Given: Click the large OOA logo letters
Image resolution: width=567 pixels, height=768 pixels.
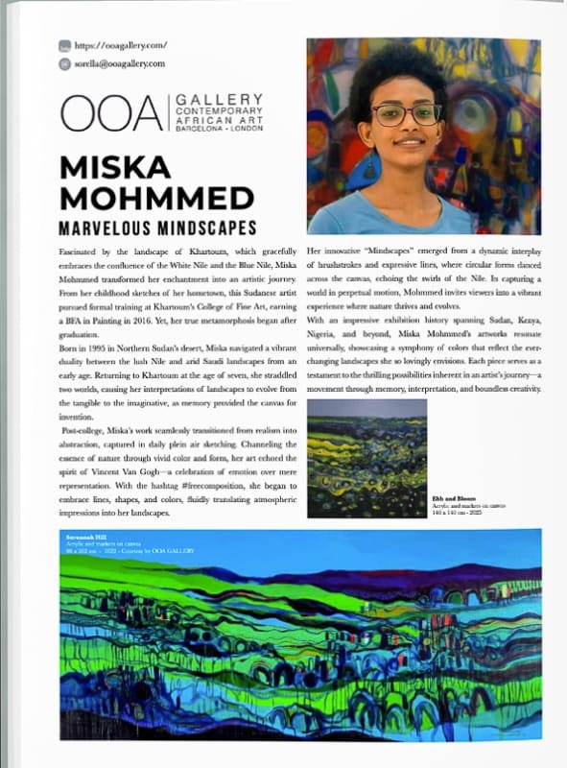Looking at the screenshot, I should tap(110, 113).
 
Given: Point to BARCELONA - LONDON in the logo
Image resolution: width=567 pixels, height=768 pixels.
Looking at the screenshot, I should tap(218, 129).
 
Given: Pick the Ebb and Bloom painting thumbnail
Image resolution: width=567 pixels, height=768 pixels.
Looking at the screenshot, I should tap(366, 459).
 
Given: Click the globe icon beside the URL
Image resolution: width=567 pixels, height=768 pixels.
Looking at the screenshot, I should tap(64, 45).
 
